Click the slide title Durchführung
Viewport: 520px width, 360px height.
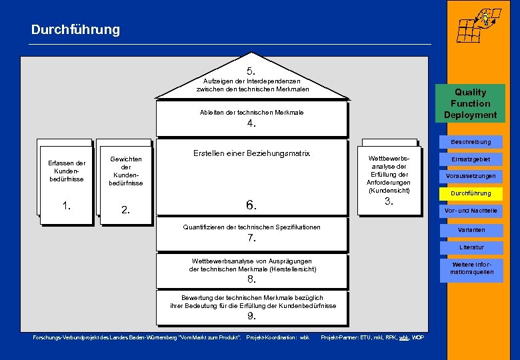coord(75,30)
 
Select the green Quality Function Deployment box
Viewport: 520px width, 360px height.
coord(470,103)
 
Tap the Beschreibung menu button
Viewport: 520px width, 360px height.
coord(470,141)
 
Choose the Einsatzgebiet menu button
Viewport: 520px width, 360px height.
coord(470,159)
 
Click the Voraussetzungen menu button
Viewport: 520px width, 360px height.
coord(470,176)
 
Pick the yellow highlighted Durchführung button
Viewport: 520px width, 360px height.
coord(470,193)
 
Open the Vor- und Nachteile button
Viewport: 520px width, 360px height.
coord(470,211)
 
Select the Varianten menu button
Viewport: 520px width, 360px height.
coord(470,229)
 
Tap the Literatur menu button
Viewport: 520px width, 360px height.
coord(470,247)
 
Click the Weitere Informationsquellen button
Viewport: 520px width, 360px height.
coord(470,268)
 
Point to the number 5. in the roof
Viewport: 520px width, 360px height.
coord(251,71)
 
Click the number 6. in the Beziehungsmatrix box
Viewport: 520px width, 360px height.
coord(251,205)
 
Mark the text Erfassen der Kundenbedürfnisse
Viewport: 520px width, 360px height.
coord(67,171)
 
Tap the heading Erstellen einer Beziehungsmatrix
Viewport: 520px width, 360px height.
coord(251,153)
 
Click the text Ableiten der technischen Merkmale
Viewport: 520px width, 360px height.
coord(251,112)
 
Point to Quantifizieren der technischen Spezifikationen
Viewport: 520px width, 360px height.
coord(251,227)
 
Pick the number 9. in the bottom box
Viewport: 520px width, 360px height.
coord(251,315)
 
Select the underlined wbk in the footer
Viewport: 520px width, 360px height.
coord(403,337)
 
